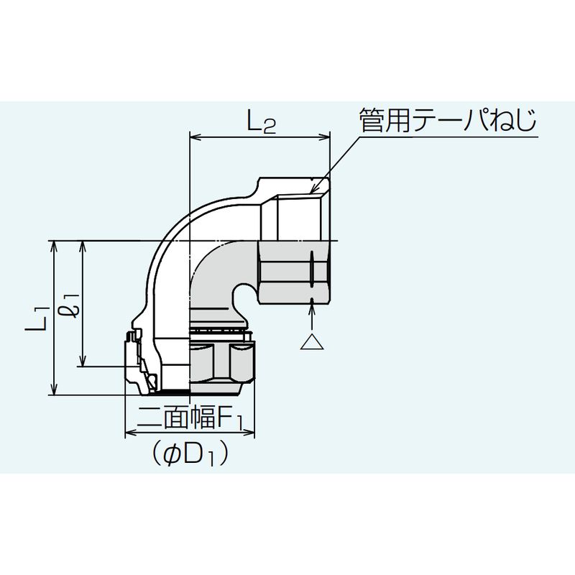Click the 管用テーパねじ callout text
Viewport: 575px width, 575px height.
[448, 120]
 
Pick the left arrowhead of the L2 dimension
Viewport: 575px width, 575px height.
[194, 137]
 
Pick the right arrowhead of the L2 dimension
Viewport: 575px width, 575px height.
[325, 137]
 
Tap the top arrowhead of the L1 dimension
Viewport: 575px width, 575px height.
[55, 247]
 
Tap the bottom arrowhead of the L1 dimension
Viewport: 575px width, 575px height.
[55, 389]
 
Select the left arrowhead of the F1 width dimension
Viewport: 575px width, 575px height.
[131, 433]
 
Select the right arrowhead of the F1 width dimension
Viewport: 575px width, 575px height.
[249, 433]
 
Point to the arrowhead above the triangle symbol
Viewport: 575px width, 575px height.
[312, 304]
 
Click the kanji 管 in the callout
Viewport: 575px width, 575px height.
[371, 120]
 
